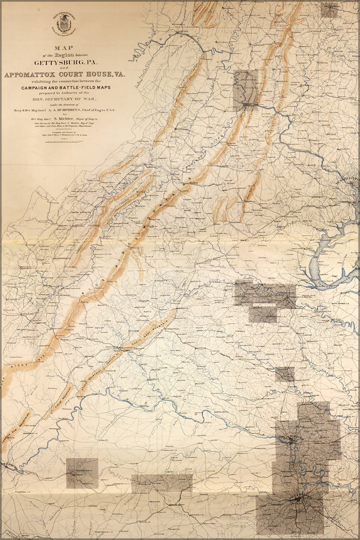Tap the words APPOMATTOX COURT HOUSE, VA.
click(64, 76)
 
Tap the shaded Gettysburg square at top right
click(329, 9)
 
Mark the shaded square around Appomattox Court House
click(82, 473)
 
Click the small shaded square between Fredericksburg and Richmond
click(284, 374)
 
